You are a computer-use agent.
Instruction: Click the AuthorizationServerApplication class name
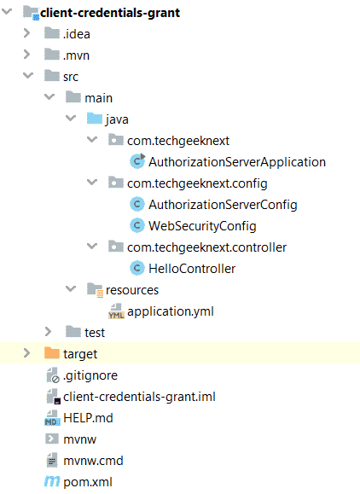click(237, 162)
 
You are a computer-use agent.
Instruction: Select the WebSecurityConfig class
click(202, 226)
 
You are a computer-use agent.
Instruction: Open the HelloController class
click(192, 269)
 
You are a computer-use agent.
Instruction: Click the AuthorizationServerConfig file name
click(223, 205)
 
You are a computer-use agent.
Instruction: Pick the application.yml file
click(171, 311)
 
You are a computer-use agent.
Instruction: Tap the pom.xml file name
click(88, 482)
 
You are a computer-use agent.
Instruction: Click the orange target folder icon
click(52, 353)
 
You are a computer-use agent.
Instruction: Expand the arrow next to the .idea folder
click(27, 33)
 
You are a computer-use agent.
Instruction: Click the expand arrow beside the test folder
click(49, 332)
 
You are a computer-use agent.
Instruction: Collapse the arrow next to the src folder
click(28, 76)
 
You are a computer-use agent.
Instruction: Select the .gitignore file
click(90, 375)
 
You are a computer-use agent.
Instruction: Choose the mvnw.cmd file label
click(93, 461)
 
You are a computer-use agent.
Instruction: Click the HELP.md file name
click(88, 418)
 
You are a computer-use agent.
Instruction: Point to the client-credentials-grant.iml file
click(140, 397)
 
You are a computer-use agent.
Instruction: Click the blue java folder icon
click(95, 119)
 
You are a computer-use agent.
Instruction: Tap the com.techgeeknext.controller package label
click(207, 247)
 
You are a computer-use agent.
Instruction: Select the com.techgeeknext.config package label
click(197, 183)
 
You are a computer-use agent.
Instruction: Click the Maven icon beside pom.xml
click(52, 481)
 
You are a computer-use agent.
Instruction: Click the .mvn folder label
click(77, 55)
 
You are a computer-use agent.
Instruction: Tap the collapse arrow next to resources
click(71, 288)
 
